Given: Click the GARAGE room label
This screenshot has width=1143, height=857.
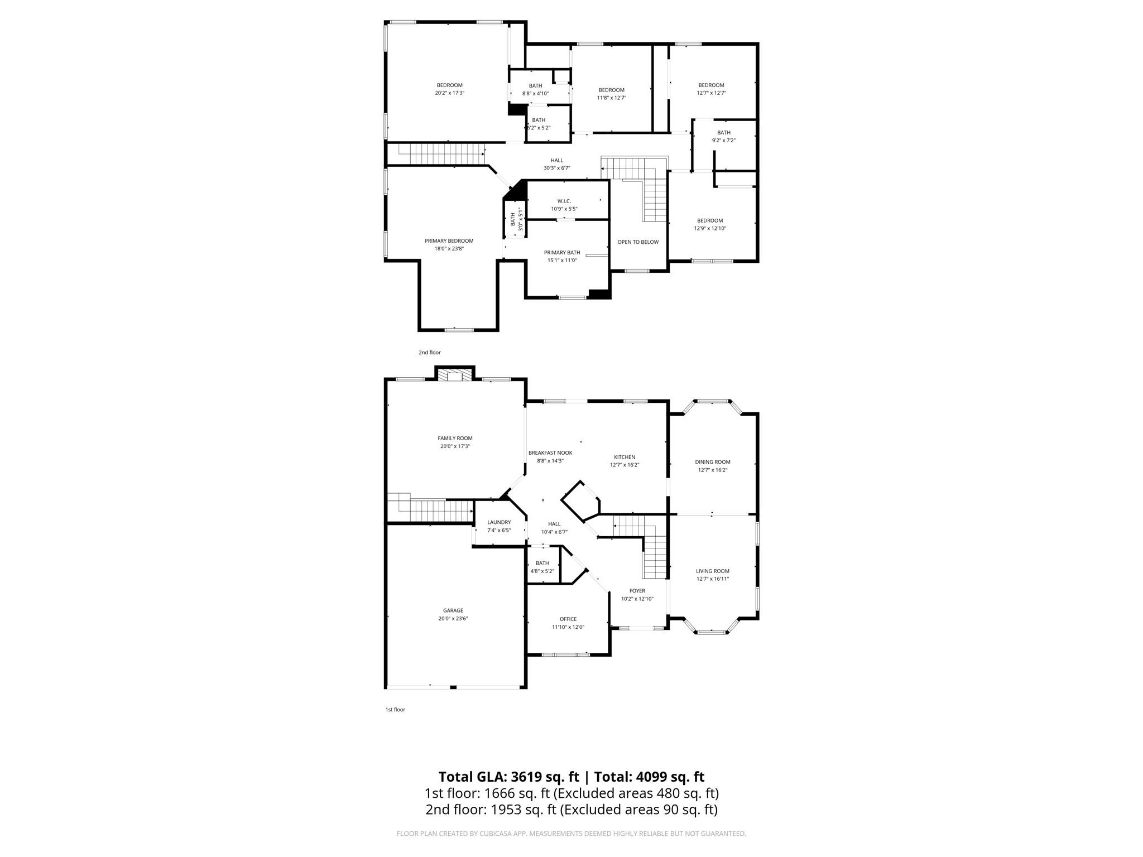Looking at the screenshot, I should [453, 610].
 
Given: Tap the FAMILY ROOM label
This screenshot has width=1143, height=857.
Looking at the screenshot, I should [455, 438].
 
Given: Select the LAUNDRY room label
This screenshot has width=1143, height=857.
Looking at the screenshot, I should [499, 522].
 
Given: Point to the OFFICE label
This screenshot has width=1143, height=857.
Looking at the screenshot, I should [568, 619].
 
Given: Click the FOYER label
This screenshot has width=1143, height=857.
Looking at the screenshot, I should [637, 591].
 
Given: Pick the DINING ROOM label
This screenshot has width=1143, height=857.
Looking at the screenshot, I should [713, 462].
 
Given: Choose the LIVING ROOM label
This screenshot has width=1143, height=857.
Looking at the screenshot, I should [713, 571].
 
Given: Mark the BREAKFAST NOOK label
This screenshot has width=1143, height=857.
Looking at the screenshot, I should [550, 452].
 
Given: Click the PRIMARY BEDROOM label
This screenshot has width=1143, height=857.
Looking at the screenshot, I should [449, 241].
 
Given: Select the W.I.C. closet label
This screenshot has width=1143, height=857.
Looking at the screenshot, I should [564, 201].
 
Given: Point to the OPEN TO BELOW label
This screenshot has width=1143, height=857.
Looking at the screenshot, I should [638, 242].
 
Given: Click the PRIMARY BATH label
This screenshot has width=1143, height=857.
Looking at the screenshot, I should [562, 253].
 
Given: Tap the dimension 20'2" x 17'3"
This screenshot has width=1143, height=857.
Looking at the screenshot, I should [450, 93].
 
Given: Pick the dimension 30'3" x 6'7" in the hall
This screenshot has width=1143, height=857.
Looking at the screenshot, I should [557, 168].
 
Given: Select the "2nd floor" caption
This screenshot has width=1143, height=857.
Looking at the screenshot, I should [430, 353].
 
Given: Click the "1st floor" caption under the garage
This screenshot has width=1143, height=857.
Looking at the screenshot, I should [395, 710].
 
